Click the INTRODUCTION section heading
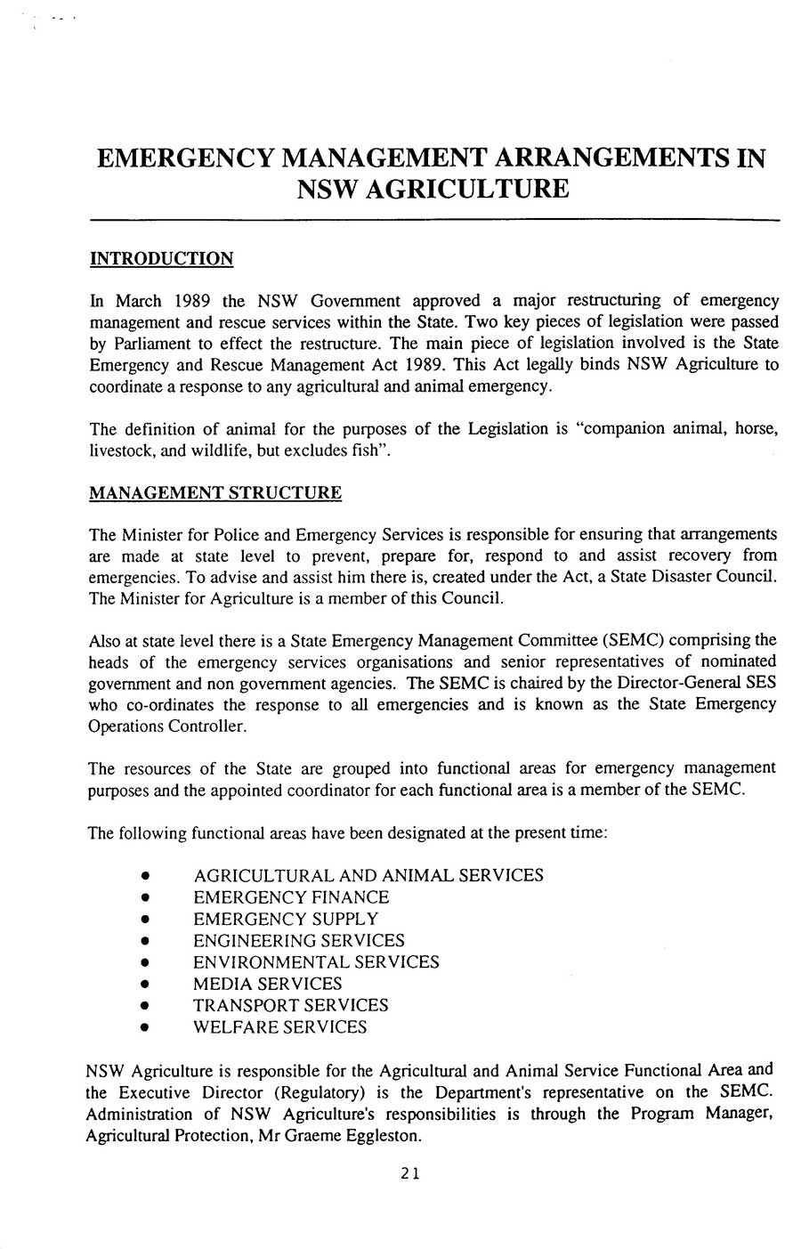pos(161,259)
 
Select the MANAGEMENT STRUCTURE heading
pos(215,493)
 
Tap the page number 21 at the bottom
pos(409,1173)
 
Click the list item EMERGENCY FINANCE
pos(291,897)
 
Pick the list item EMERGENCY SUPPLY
pos(286,919)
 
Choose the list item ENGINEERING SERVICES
pos(299,941)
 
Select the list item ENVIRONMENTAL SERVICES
pos(316,962)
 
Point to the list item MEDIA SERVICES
pos(268,984)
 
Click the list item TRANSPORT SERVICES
pos(291,1005)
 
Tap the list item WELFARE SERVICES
pos(280,1027)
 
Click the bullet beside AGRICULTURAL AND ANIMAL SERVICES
pos(143,877)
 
